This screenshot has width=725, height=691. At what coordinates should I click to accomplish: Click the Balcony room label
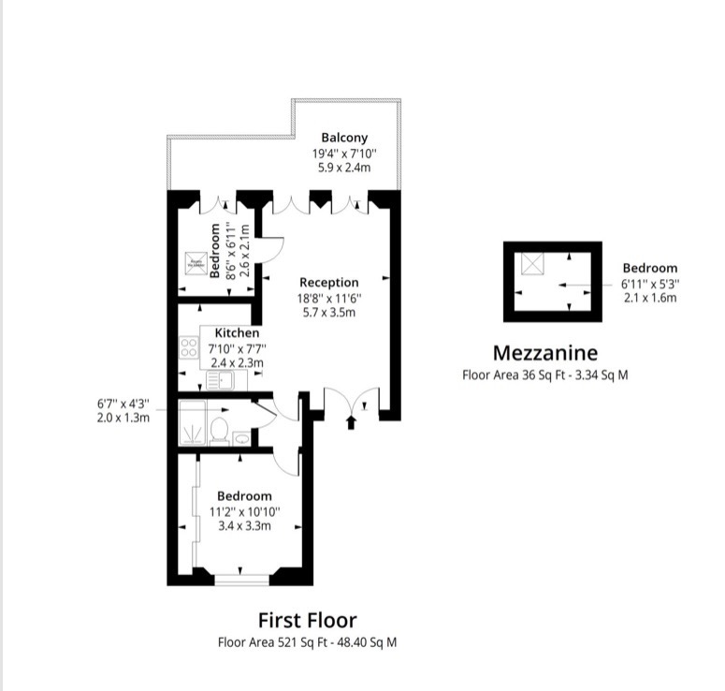tap(344, 137)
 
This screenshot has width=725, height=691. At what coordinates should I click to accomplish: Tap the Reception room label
tap(328, 282)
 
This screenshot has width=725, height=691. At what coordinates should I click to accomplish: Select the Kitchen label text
tap(237, 332)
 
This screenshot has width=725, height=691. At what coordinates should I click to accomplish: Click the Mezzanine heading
tap(544, 353)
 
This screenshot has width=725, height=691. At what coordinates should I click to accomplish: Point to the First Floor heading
tap(307, 620)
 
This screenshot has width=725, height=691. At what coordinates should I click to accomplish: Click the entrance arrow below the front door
tap(352, 423)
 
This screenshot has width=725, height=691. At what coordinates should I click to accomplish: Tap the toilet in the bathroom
tap(221, 430)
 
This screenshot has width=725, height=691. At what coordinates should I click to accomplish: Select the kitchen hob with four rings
tap(188, 349)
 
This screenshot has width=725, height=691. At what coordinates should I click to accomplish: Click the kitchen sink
tap(220, 379)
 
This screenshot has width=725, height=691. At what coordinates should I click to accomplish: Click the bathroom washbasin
tap(242, 436)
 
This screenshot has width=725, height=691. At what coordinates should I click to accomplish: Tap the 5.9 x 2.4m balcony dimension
tap(344, 168)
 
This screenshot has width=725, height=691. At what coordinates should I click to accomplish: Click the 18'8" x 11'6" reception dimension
tap(329, 298)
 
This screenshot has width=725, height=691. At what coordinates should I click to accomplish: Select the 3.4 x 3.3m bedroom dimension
tap(244, 525)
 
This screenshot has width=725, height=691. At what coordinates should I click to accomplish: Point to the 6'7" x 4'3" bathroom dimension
tap(123, 404)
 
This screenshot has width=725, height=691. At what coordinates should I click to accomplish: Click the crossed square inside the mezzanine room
tap(532, 265)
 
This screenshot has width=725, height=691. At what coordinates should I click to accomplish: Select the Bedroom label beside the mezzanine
tap(649, 268)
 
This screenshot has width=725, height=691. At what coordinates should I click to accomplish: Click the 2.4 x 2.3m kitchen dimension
tap(237, 362)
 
